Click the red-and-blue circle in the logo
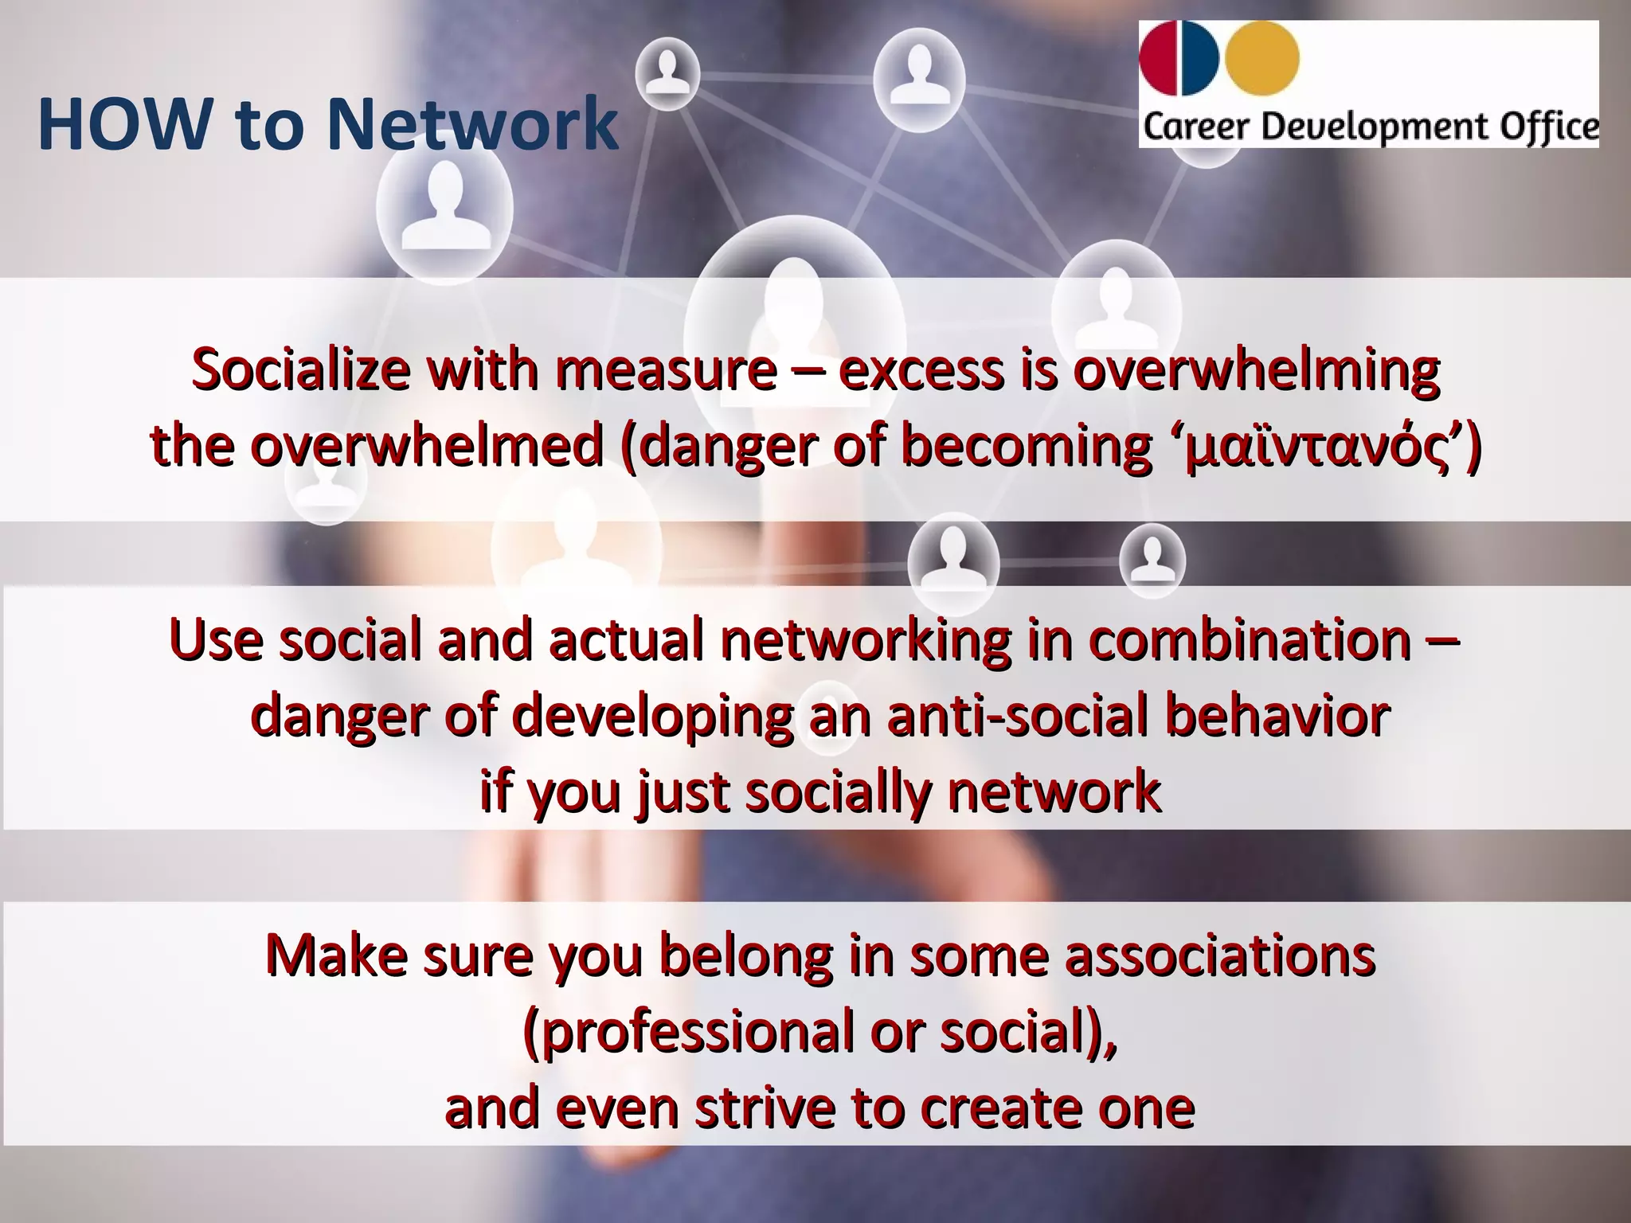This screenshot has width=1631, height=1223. [x=1179, y=57]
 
